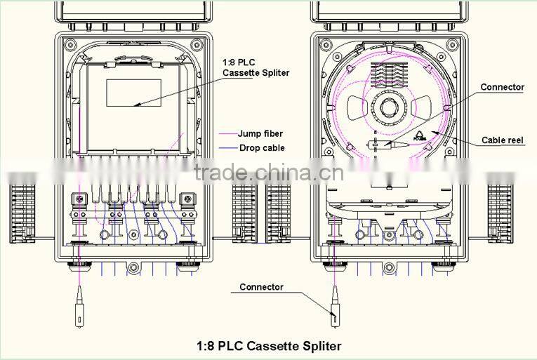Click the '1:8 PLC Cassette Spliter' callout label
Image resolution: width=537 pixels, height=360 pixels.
click(256, 68)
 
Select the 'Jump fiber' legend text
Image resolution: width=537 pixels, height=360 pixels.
click(260, 133)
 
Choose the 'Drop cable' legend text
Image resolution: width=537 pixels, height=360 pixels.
click(261, 148)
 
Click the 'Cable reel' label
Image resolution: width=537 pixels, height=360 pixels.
click(503, 140)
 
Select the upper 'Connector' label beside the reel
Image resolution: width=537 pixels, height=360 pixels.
click(502, 87)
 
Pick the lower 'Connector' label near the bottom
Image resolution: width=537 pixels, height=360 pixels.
click(261, 287)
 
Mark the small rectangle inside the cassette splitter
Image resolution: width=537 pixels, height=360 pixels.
click(133, 93)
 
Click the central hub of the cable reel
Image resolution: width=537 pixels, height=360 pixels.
click(388, 109)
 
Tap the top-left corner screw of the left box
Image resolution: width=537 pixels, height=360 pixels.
click(69, 45)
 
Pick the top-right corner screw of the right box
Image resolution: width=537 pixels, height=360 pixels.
click(458, 45)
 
